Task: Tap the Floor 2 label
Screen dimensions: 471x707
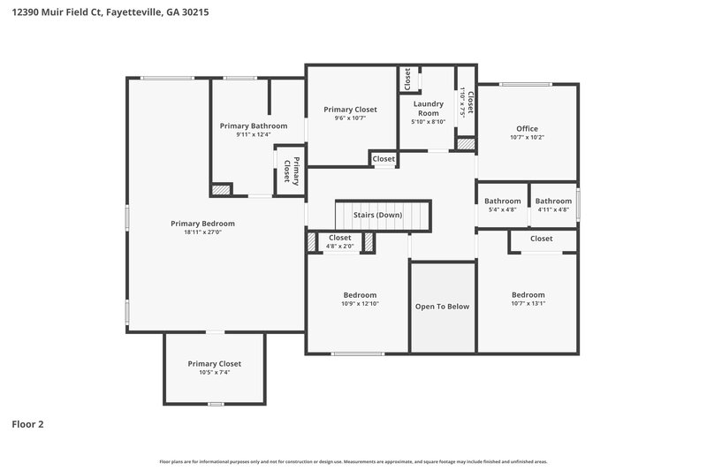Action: click(x=27, y=424)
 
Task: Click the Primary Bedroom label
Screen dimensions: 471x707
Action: click(x=202, y=224)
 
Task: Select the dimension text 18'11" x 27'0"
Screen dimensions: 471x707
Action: click(x=202, y=233)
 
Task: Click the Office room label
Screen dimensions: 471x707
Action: click(x=527, y=129)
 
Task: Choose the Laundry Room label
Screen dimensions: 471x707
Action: click(x=429, y=108)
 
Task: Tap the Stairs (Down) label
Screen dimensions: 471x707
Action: click(x=377, y=216)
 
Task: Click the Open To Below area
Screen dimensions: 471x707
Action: click(x=442, y=307)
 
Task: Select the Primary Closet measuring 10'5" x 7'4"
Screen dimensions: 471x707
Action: click(x=214, y=364)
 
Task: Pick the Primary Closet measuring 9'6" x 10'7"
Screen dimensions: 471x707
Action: click(x=350, y=110)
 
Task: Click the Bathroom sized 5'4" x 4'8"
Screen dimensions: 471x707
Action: click(x=503, y=201)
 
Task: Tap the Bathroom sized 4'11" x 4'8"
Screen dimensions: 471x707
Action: click(x=553, y=201)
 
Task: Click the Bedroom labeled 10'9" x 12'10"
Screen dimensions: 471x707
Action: click(x=360, y=295)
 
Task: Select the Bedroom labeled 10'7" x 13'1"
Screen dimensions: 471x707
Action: click(x=528, y=295)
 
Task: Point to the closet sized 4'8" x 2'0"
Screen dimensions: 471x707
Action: click(x=340, y=239)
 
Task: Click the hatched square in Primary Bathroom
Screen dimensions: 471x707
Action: click(x=221, y=189)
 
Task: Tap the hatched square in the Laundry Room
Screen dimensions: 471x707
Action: click(x=466, y=143)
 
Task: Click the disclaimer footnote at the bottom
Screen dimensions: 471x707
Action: click(x=353, y=461)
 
